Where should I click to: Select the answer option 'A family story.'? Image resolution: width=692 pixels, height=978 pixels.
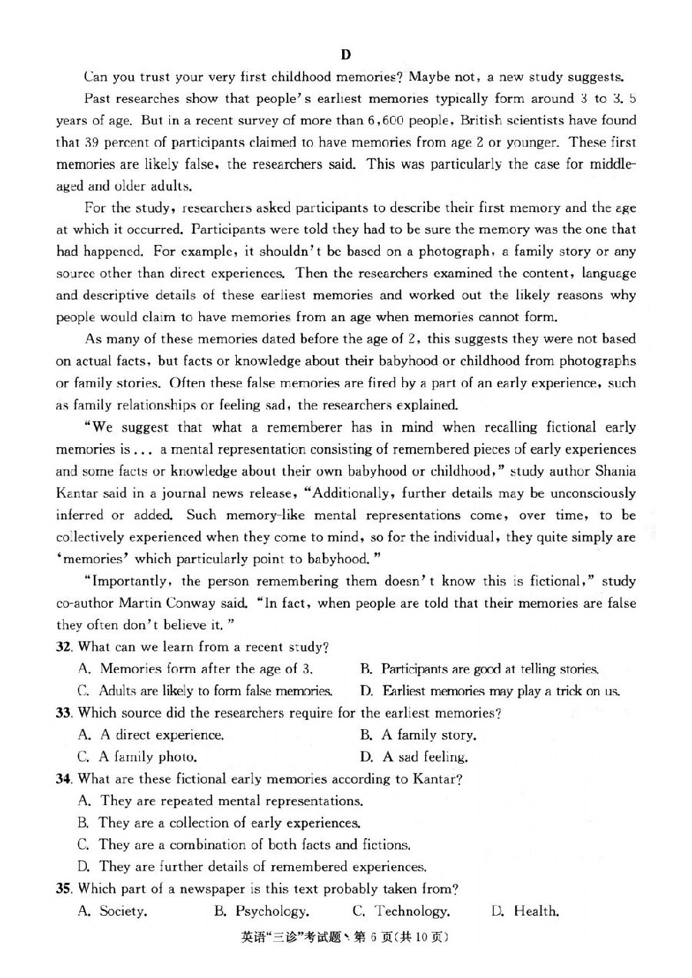tap(418, 735)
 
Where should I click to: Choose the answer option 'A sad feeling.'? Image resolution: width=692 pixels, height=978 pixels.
tap(415, 757)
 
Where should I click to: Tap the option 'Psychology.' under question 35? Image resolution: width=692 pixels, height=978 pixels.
tap(262, 911)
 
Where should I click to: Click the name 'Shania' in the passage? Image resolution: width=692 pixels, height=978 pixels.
tap(615, 471)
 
